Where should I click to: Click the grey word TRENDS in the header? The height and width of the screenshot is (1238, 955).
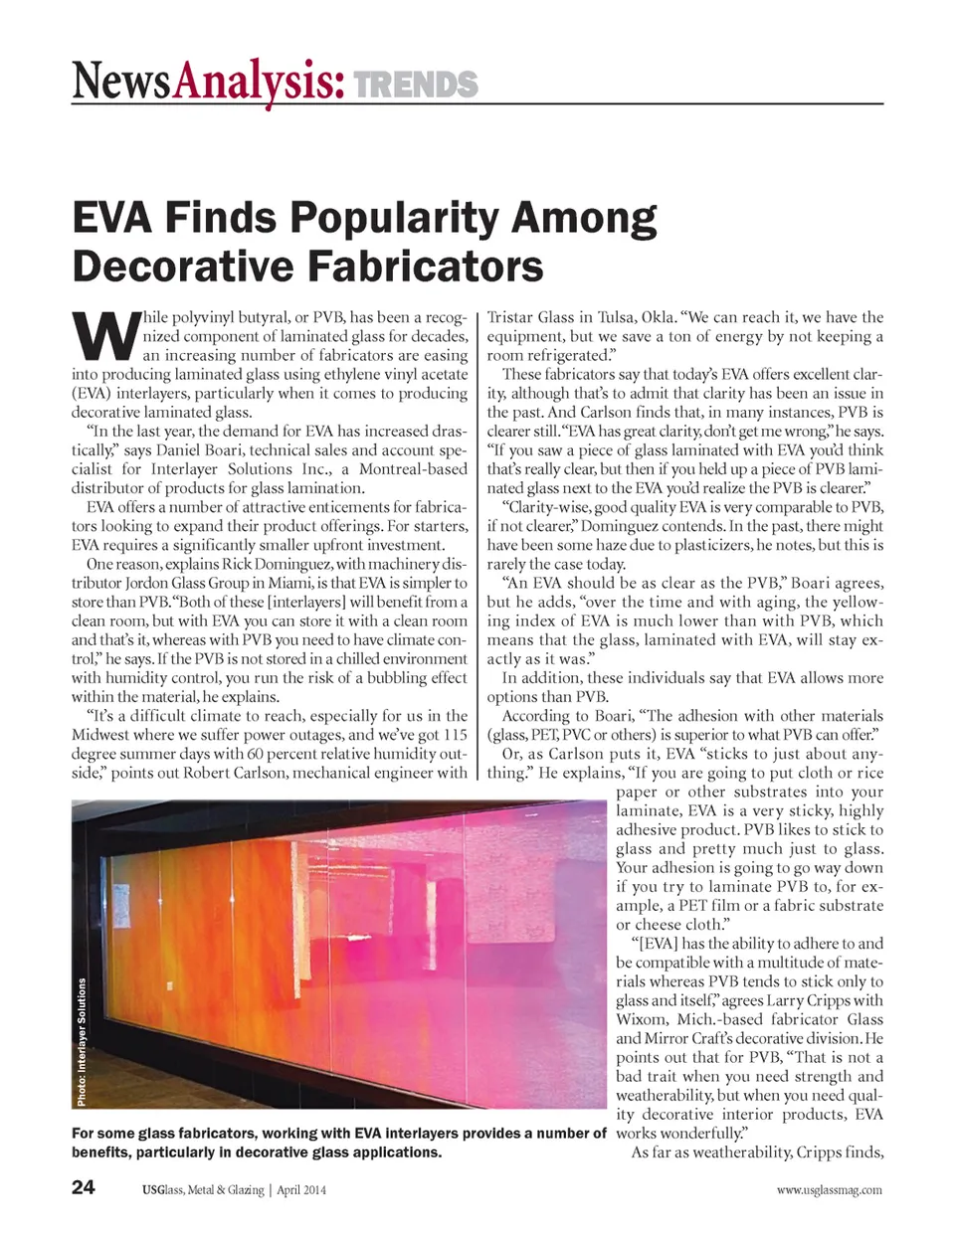[x=416, y=85]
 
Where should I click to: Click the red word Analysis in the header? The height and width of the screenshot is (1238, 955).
[x=258, y=82]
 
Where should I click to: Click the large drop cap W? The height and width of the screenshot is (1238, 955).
[x=103, y=336]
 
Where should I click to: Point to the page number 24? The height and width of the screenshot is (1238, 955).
[x=84, y=1188]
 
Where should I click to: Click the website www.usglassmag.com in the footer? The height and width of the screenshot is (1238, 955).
[x=829, y=1189]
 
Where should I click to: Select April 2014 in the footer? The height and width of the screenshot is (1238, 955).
[x=300, y=1189]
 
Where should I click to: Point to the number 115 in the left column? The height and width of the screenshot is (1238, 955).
[x=455, y=735]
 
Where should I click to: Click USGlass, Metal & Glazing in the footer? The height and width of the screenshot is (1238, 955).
[x=203, y=1189]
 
